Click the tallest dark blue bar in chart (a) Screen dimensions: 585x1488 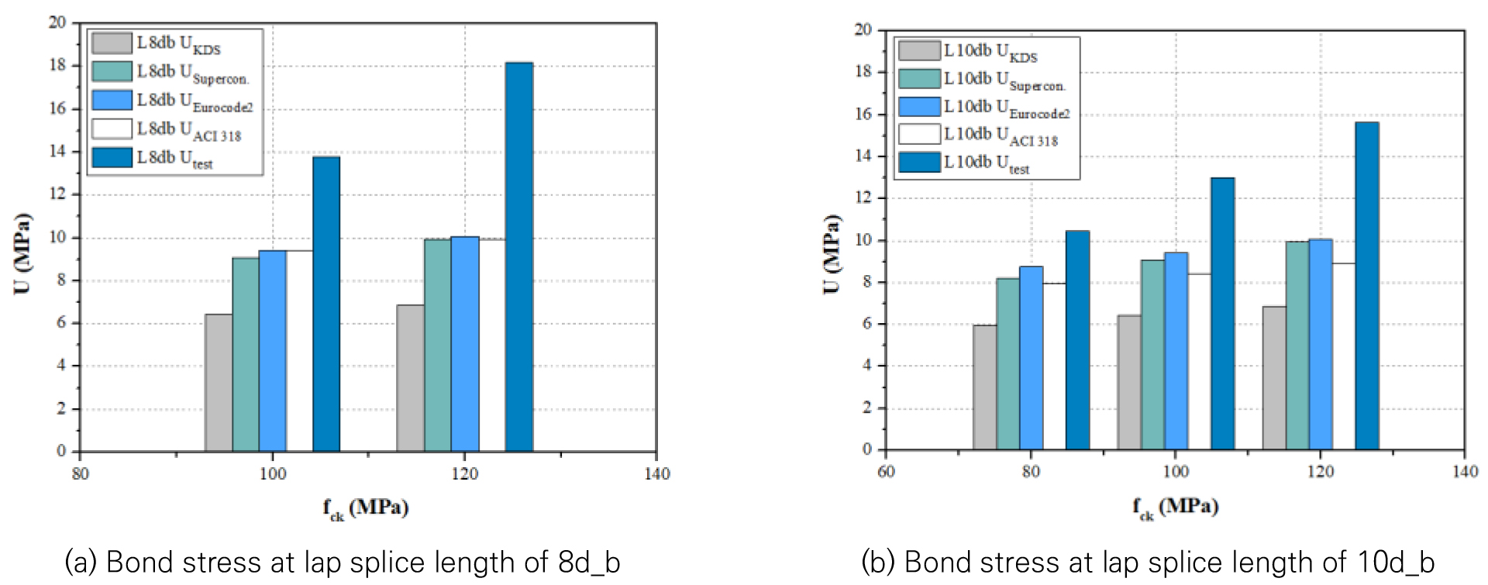click(518, 256)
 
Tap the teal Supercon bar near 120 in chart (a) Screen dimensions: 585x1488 click(437, 345)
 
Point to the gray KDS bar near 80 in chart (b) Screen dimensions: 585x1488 click(984, 387)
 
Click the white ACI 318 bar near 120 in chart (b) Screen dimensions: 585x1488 click(1343, 356)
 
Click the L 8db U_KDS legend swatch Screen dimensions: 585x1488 click(112, 43)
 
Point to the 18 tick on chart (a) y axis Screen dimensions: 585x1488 click(58, 65)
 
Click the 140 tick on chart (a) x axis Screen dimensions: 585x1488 click(656, 473)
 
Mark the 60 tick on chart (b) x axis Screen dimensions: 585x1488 click(886, 471)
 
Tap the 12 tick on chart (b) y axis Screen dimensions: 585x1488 click(863, 198)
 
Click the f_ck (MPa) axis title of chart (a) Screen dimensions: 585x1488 click(366, 508)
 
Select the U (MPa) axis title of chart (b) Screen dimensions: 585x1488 click(831, 253)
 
